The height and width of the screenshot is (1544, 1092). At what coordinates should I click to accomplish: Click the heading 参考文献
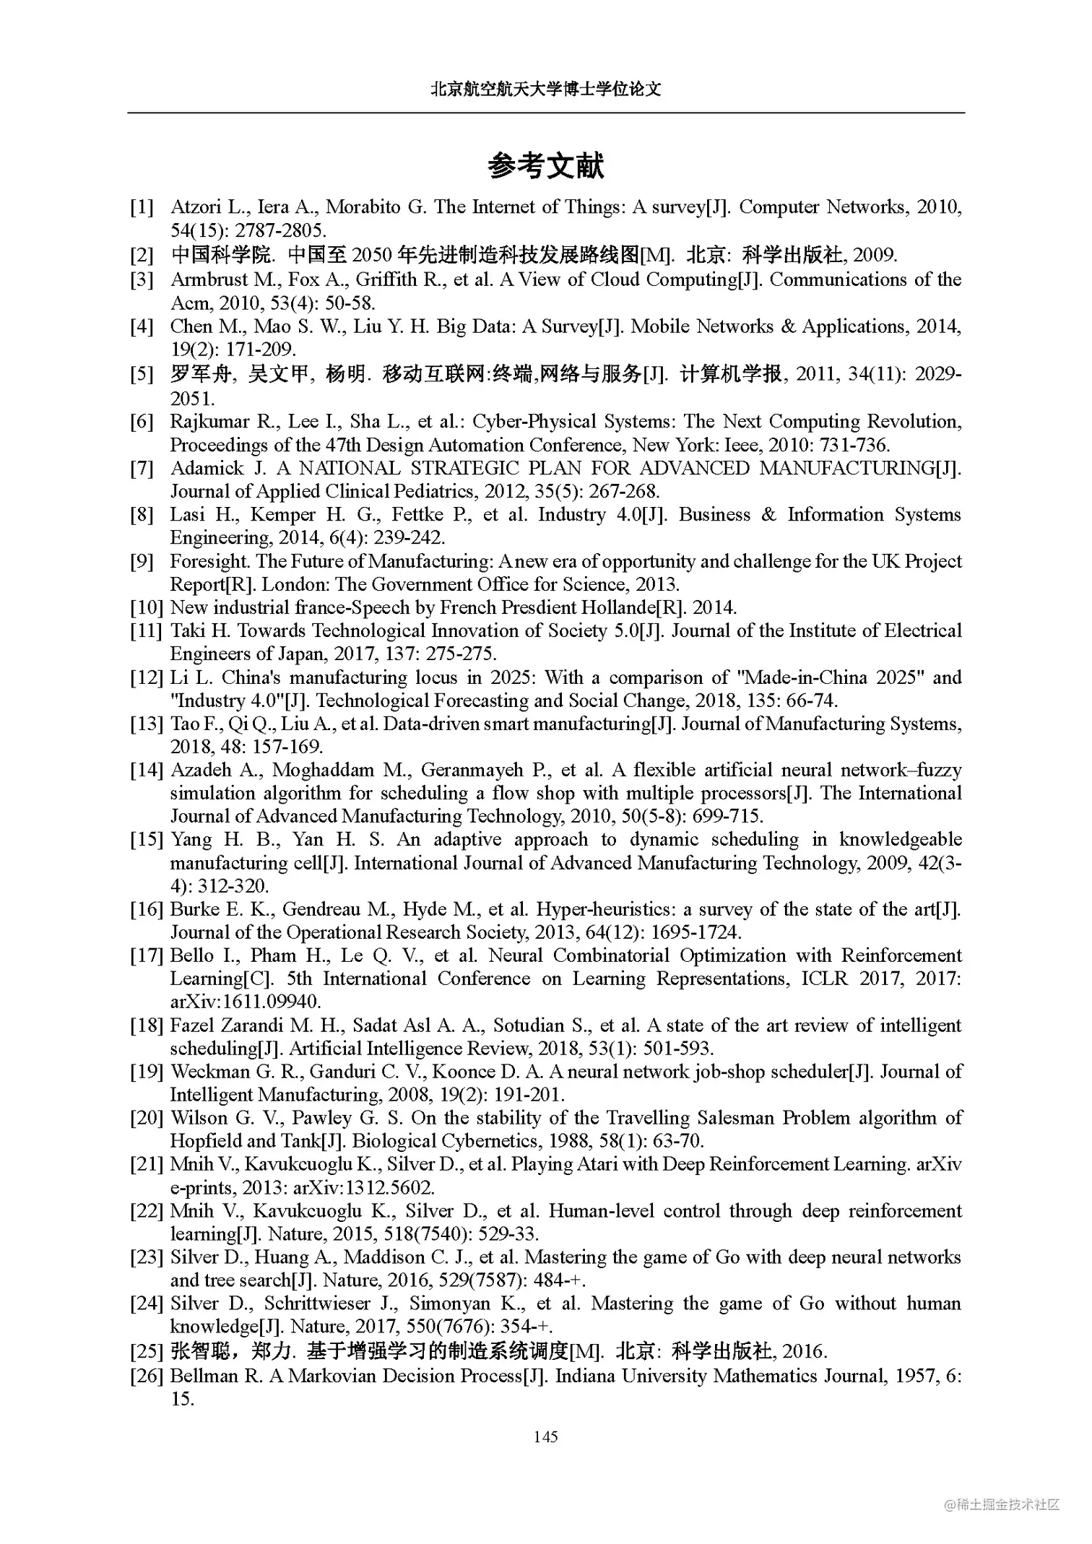coord(545,166)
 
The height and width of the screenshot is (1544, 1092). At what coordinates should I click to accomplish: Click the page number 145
coord(545,1436)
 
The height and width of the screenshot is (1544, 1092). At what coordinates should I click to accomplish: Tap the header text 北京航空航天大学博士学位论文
coord(545,89)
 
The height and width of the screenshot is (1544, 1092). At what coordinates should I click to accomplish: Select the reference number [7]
coord(142,469)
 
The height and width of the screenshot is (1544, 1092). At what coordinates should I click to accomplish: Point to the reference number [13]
coord(147,724)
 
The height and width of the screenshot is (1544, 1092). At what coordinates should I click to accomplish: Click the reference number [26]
coord(147,1376)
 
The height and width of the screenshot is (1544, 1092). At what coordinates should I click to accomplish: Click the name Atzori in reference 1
coord(196,207)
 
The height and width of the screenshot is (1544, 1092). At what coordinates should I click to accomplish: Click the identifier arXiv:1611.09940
coord(245,1002)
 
